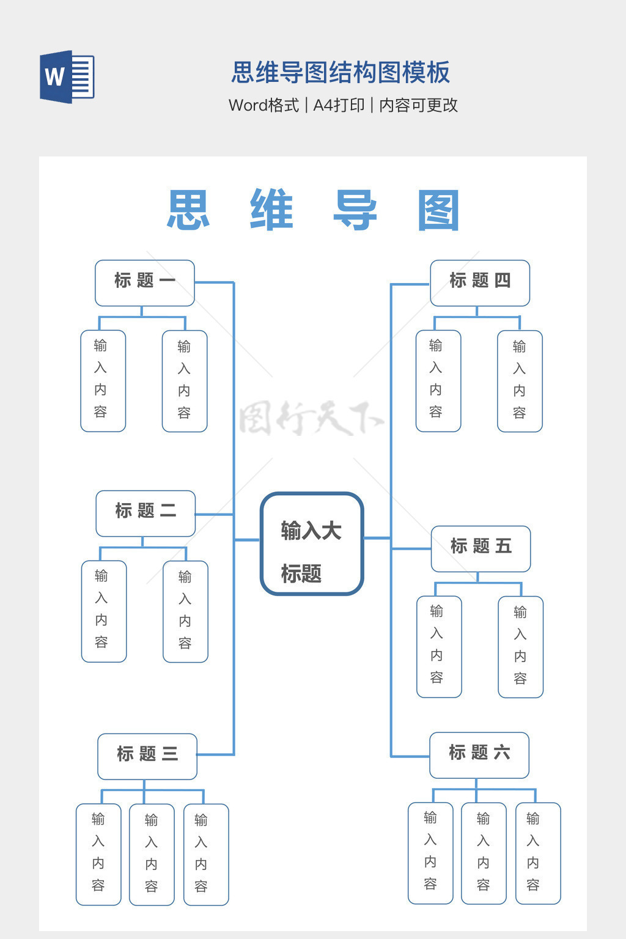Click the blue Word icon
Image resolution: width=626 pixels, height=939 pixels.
[x=67, y=77]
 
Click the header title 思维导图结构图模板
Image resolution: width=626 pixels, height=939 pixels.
[x=341, y=72]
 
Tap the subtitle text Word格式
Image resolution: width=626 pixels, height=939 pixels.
[x=263, y=105]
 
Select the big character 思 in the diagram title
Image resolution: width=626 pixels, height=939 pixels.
[x=189, y=210]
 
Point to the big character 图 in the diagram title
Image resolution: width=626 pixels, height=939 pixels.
[x=438, y=210]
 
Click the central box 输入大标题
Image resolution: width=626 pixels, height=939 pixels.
[x=312, y=543]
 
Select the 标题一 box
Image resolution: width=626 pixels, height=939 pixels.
[x=145, y=282]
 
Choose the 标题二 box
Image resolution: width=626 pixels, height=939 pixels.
[x=145, y=513]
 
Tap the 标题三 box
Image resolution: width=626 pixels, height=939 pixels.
[x=147, y=756]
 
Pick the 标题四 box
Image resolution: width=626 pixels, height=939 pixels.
[x=480, y=282]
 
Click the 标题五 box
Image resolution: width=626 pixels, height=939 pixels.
[x=481, y=548]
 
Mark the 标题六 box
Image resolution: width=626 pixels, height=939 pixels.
[x=479, y=755]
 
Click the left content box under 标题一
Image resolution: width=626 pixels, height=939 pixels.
[x=103, y=380]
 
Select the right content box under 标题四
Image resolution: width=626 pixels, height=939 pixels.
[x=520, y=381]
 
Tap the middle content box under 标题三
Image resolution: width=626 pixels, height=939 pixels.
[x=152, y=854]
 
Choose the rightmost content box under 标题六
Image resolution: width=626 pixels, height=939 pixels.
[x=538, y=853]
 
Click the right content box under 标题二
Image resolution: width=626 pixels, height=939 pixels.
[x=185, y=611]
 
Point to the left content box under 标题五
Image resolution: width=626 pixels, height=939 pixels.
[x=439, y=646]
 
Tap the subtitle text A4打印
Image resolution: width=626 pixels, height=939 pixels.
[x=339, y=105]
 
